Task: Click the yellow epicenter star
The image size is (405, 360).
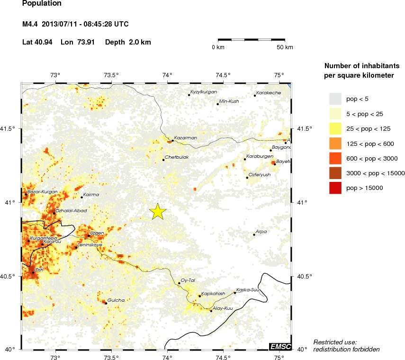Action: (x=158, y=212)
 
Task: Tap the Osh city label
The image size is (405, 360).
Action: (x=39, y=270)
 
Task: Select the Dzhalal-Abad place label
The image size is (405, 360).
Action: (x=71, y=210)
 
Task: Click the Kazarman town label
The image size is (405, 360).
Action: (x=185, y=138)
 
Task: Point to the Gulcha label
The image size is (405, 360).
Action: (x=116, y=300)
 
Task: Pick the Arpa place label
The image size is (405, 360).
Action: (x=261, y=232)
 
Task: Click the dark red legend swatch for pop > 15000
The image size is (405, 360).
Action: (x=335, y=188)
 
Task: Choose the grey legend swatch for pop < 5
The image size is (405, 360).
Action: (x=335, y=99)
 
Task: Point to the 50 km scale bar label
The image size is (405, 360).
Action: (x=285, y=47)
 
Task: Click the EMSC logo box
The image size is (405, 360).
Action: (x=280, y=346)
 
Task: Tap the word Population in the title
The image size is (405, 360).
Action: (x=42, y=4)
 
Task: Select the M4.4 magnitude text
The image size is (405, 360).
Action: (x=30, y=24)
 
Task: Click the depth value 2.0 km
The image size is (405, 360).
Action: (x=139, y=42)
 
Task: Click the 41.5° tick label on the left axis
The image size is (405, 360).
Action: (x=10, y=129)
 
